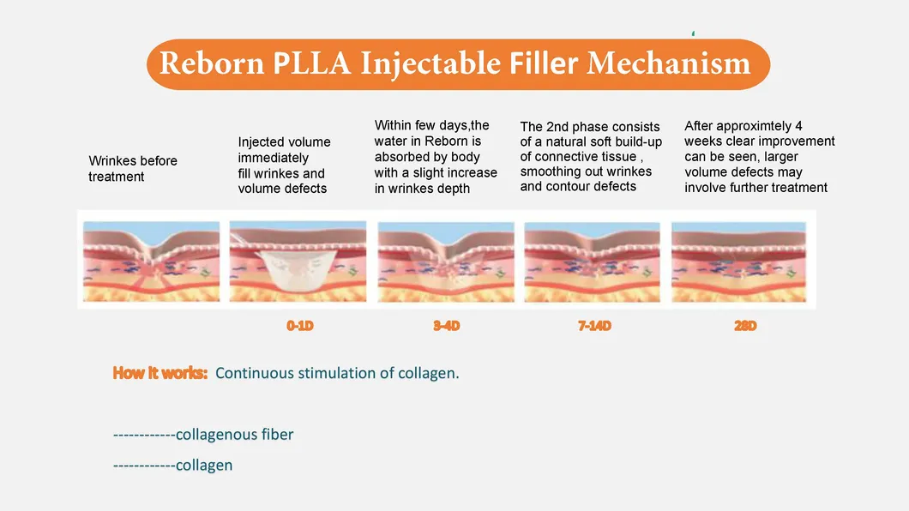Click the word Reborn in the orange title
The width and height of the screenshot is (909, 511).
212,63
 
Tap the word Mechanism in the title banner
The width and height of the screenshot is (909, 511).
668,63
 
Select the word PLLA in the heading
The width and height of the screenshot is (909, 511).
311,63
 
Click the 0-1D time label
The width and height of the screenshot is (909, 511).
300,326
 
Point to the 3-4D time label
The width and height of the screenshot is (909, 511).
447,326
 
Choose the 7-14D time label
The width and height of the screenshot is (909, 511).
594,326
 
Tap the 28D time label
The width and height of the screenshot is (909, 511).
745,326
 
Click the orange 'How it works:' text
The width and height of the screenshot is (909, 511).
160,372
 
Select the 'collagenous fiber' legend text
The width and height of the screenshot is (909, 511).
234,435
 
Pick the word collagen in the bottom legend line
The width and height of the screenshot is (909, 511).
204,466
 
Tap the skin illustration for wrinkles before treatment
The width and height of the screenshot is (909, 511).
151,262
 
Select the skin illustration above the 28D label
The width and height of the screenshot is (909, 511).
738,262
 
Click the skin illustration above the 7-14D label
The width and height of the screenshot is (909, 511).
592,262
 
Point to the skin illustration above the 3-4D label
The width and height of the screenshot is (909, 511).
446,262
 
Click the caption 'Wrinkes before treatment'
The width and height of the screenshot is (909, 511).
133,169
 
